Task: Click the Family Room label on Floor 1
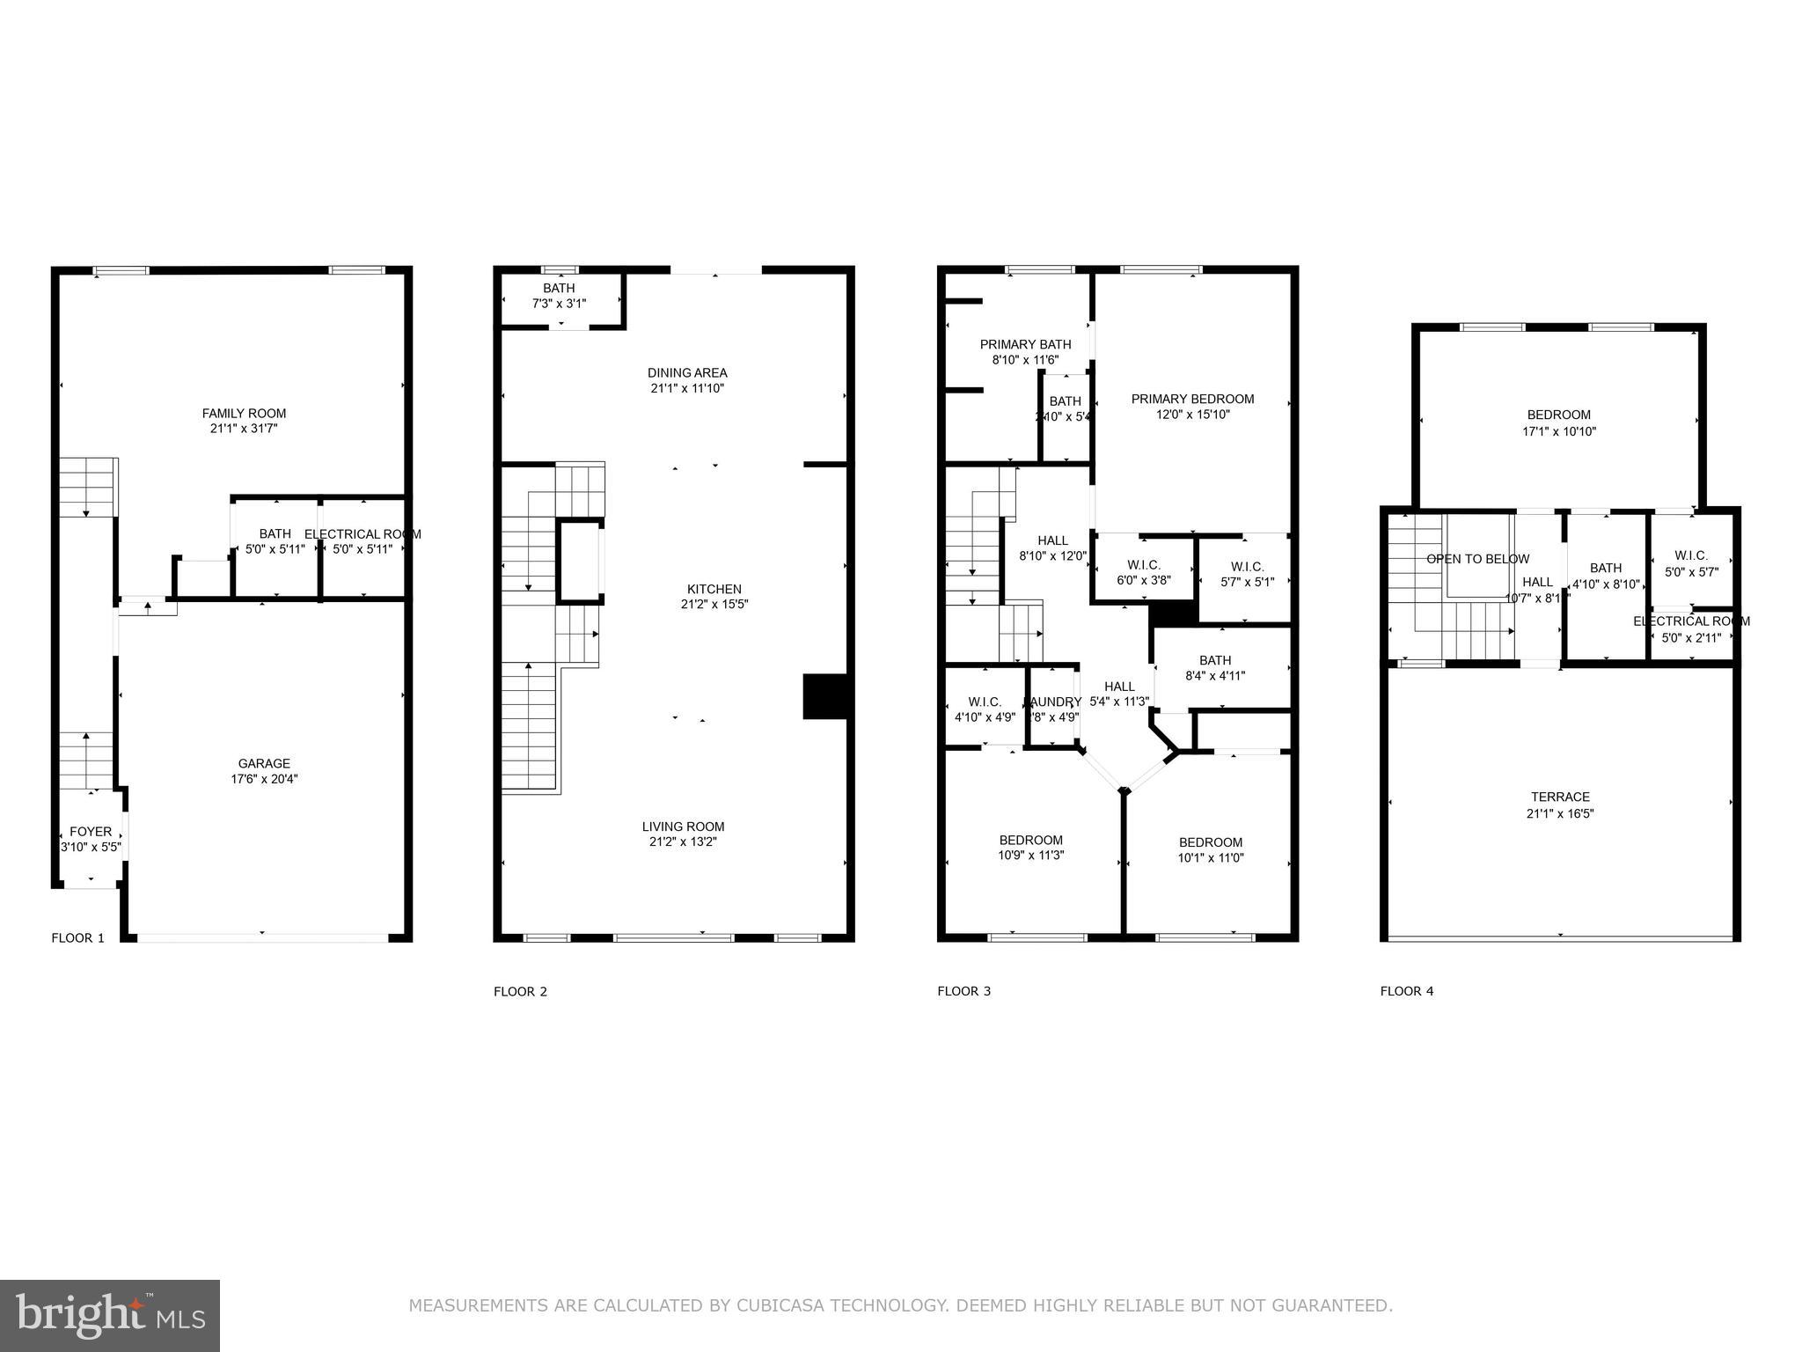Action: (x=244, y=413)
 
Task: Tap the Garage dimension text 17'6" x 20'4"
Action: (x=264, y=779)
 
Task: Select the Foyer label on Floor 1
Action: (x=91, y=831)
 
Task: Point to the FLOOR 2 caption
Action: (x=520, y=991)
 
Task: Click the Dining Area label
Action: (x=687, y=372)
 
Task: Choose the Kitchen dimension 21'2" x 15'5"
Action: (x=714, y=605)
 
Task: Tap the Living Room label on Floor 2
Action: (x=683, y=827)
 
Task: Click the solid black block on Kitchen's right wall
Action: (x=824, y=696)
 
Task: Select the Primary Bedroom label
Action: (x=1192, y=399)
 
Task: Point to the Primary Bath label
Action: (x=1025, y=344)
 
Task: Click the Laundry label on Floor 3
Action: (x=1053, y=702)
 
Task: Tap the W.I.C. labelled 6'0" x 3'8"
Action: (x=1144, y=564)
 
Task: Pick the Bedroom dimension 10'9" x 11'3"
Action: (x=1031, y=855)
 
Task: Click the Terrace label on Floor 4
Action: (x=1560, y=797)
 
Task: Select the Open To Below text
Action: (x=1477, y=559)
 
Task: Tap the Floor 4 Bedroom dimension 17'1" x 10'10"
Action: (x=1558, y=431)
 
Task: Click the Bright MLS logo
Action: (x=110, y=1315)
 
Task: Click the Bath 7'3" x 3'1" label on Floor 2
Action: (x=559, y=288)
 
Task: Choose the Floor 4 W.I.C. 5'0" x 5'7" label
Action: (x=1690, y=555)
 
